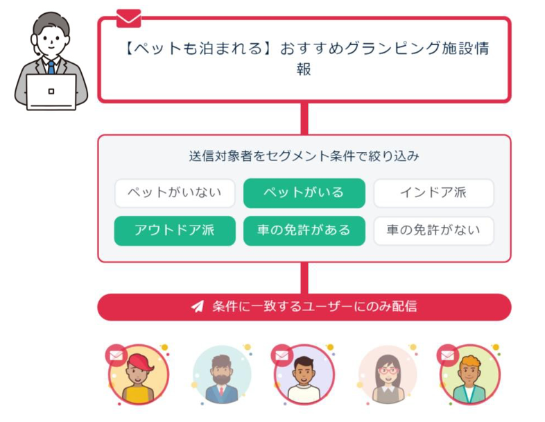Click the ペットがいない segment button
pyautogui.click(x=175, y=193)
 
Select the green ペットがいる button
pyautogui.click(x=304, y=193)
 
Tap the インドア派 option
pyautogui.click(x=433, y=193)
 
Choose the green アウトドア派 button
pyautogui.click(x=175, y=230)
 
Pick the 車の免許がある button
pyautogui.click(x=304, y=230)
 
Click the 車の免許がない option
pyautogui.click(x=433, y=230)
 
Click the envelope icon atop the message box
pyautogui.click(x=128, y=17)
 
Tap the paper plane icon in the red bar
pyautogui.click(x=198, y=307)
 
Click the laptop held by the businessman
pyautogui.click(x=51, y=92)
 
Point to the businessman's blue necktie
pyautogui.click(x=51, y=67)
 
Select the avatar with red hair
pyautogui.click(x=139, y=375)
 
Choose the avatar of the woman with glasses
pyautogui.click(x=387, y=375)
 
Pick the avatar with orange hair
pyautogui.click(x=470, y=375)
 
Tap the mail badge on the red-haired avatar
pyautogui.click(x=116, y=355)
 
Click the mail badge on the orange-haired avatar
pyautogui.click(x=447, y=355)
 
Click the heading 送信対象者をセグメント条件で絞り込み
pyautogui.click(x=304, y=156)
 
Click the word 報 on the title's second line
pyautogui.click(x=304, y=69)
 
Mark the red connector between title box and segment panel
pyautogui.click(x=304, y=118)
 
